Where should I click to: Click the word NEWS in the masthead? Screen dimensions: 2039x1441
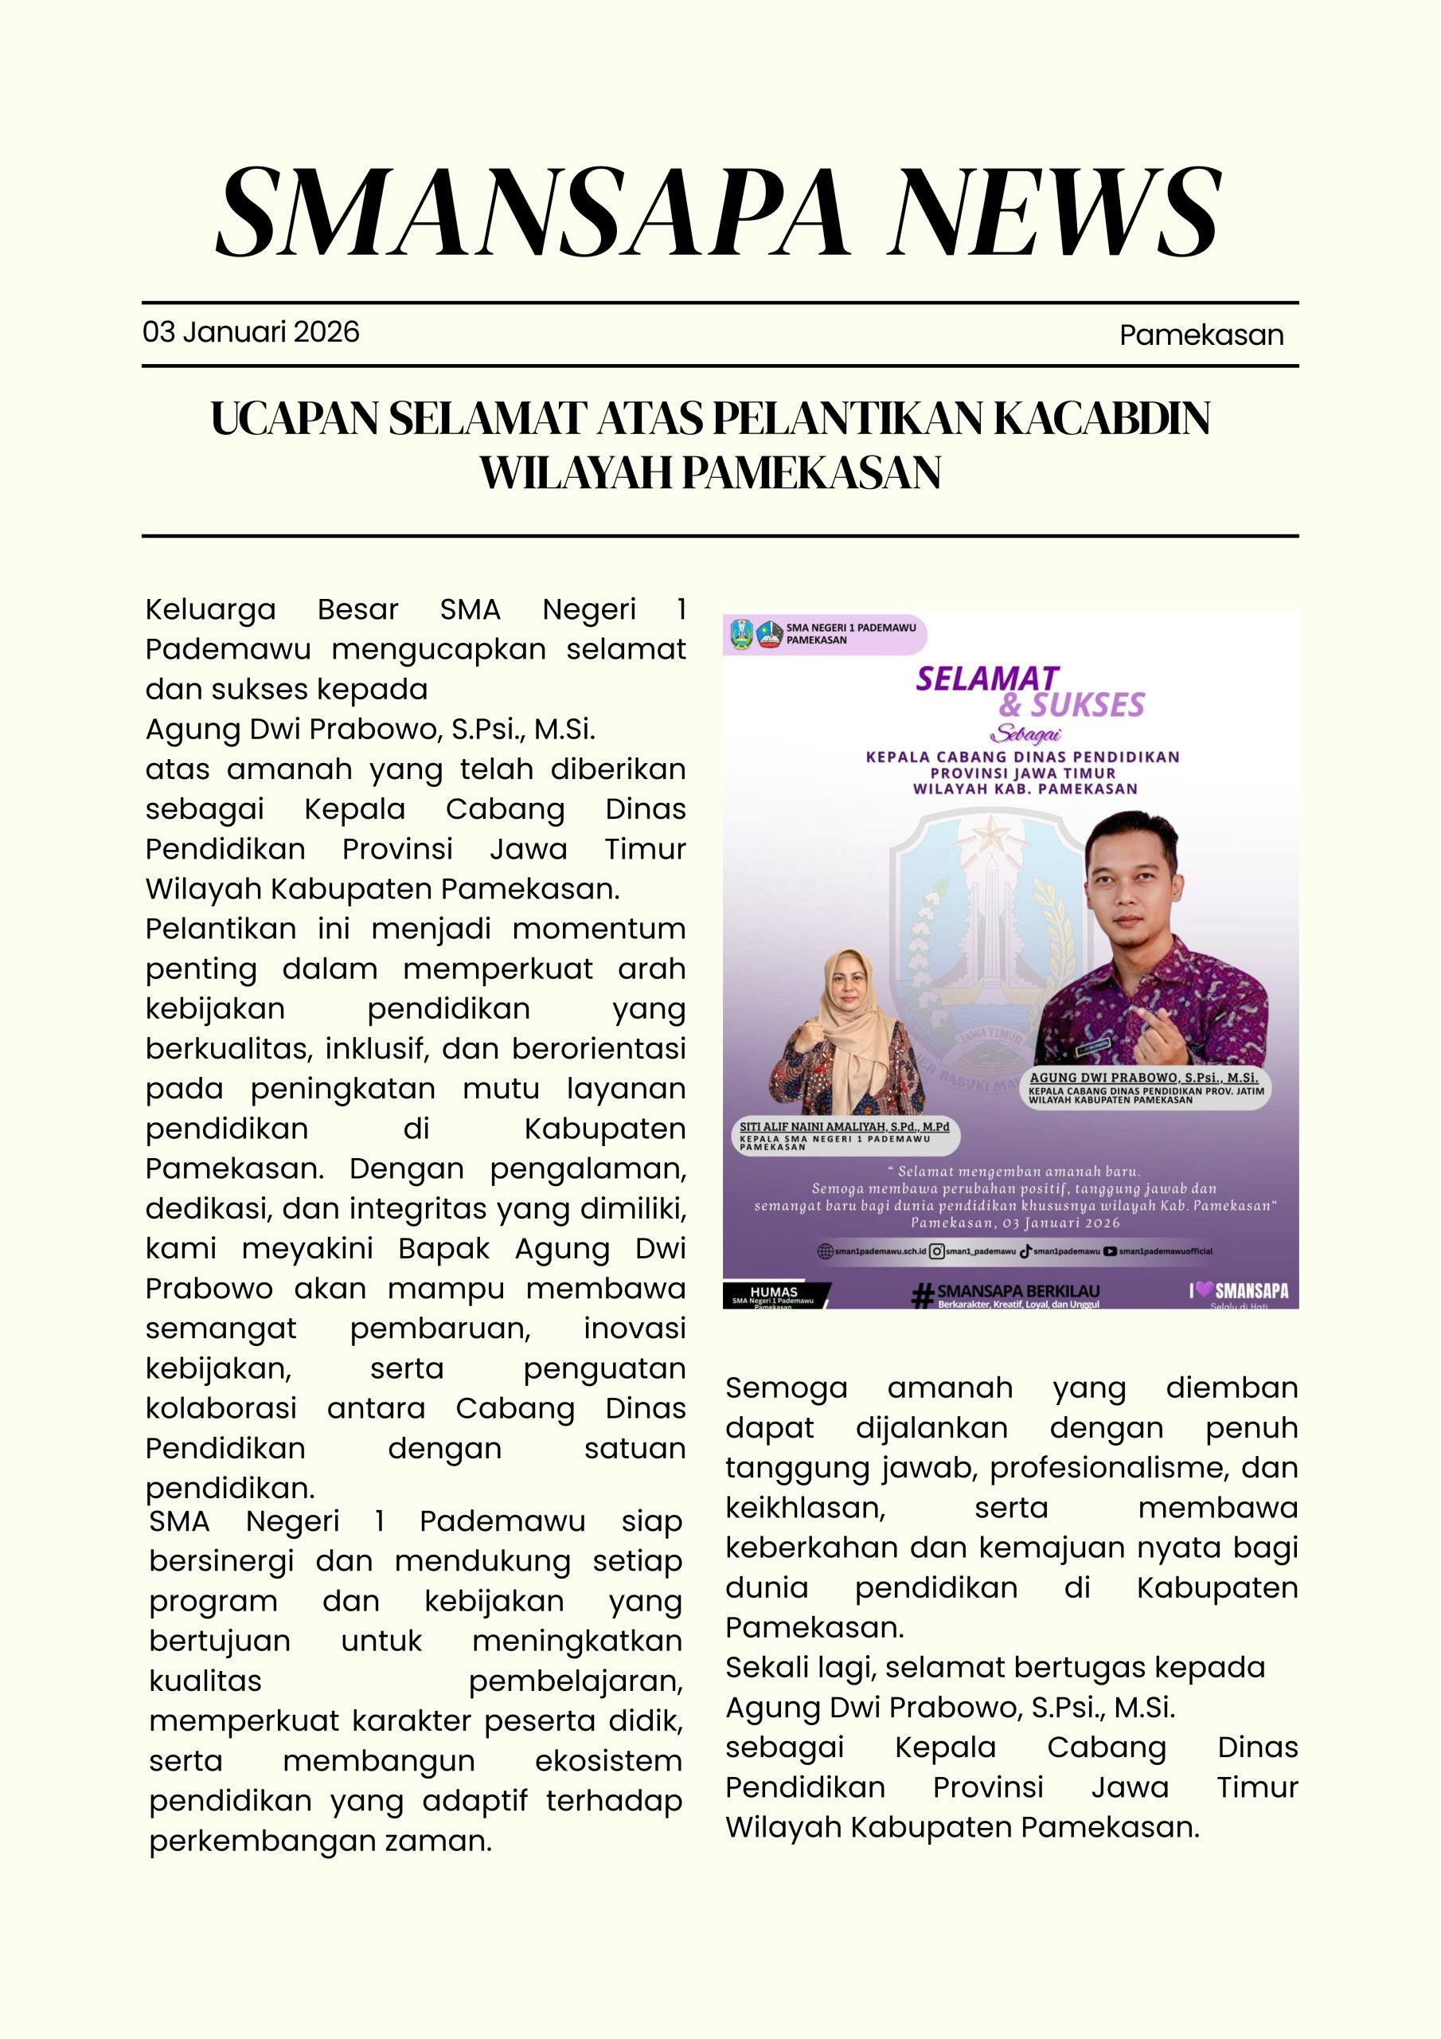1056,213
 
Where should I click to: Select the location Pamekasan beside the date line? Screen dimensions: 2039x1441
1201,335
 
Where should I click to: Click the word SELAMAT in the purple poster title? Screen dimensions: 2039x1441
987,679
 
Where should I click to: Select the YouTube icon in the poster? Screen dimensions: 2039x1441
1109,1251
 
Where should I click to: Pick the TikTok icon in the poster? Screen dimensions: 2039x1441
1025,1251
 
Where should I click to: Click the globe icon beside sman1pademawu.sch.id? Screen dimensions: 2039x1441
826,1251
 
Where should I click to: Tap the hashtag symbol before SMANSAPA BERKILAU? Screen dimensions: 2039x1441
924,1296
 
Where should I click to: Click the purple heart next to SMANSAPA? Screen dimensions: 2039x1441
1203,1290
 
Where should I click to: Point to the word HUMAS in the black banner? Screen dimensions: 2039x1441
773,1292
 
